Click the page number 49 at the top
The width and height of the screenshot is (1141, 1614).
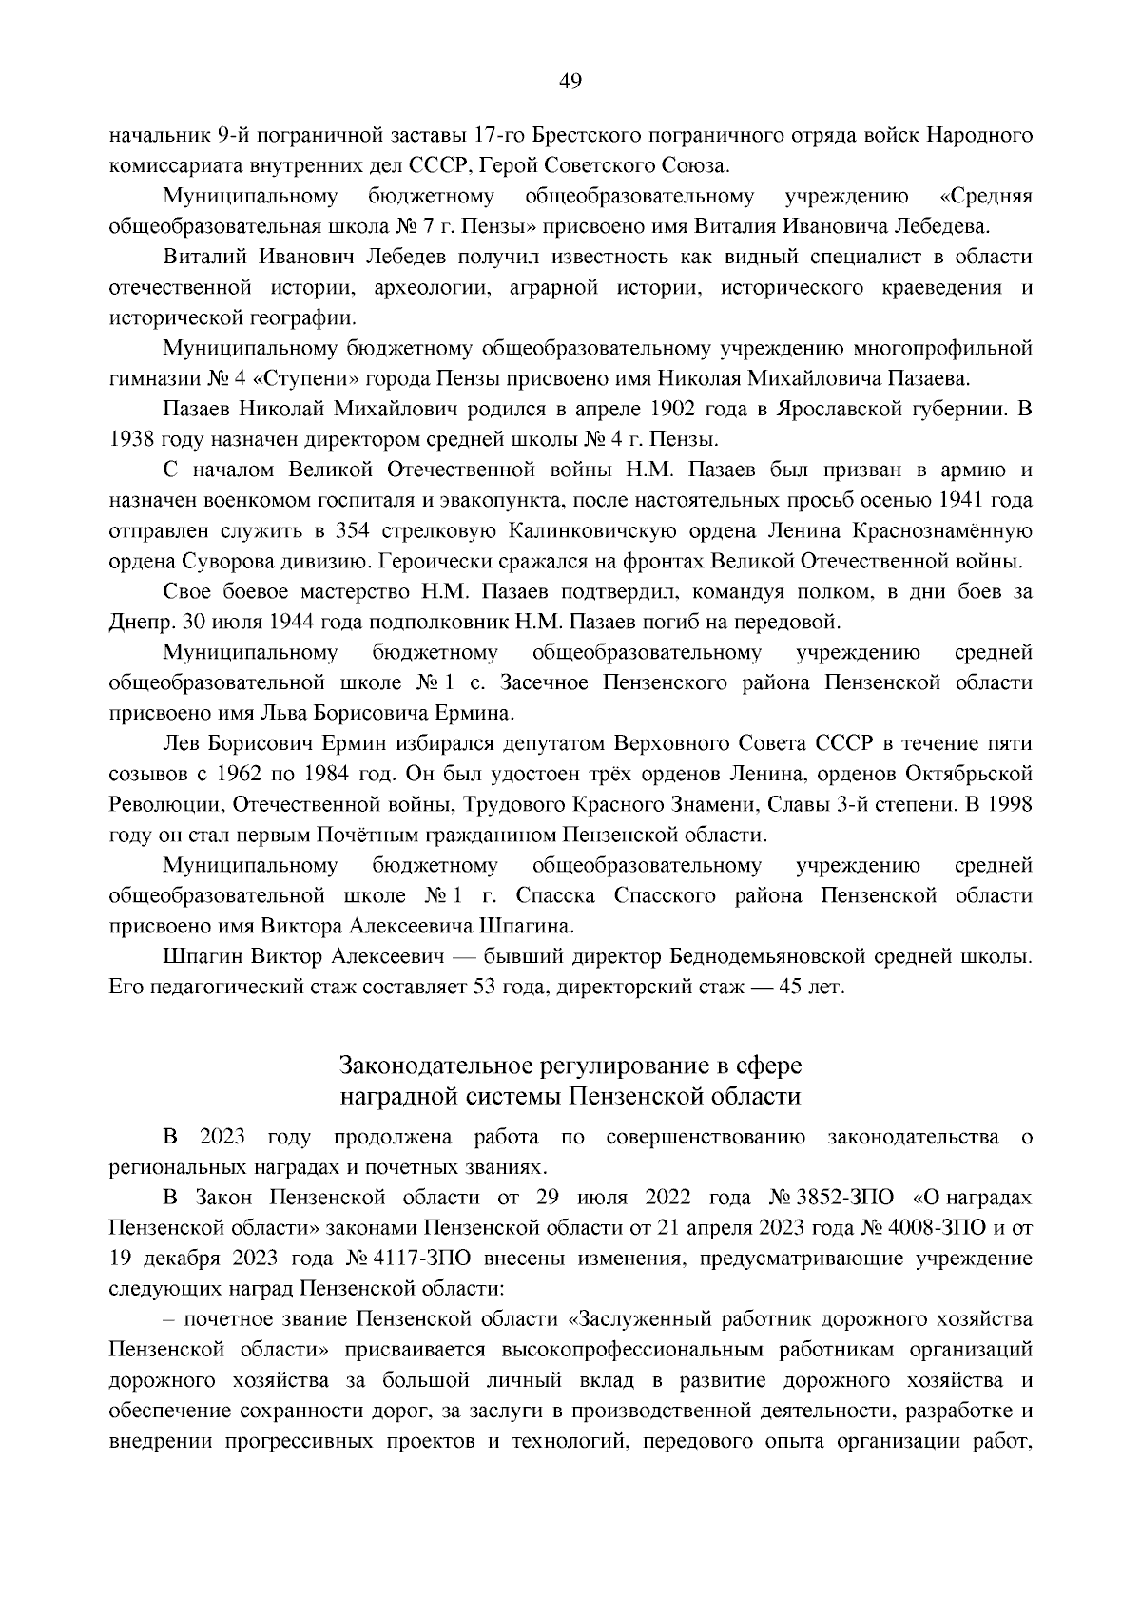tap(570, 81)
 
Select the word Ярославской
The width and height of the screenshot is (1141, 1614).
tap(839, 409)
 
